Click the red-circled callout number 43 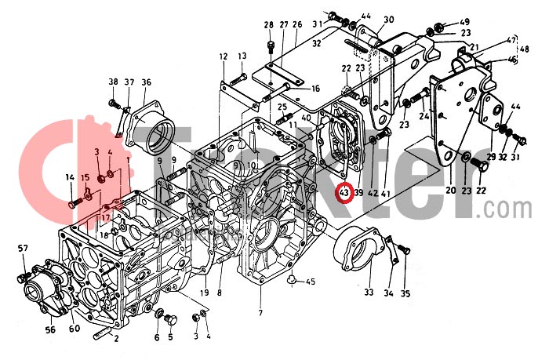tap(343, 192)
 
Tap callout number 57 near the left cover tap(23, 249)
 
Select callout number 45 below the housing tap(310, 282)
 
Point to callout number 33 tap(369, 294)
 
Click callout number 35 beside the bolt tap(405, 294)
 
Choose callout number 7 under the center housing tap(260, 314)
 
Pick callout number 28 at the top tap(269, 24)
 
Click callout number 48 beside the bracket tap(524, 49)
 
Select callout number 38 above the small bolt tap(113, 82)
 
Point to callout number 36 tap(146, 82)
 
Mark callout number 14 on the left tap(70, 177)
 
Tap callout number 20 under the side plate tap(450, 191)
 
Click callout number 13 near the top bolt tap(242, 56)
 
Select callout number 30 tap(389, 20)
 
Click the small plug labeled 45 tap(291, 278)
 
